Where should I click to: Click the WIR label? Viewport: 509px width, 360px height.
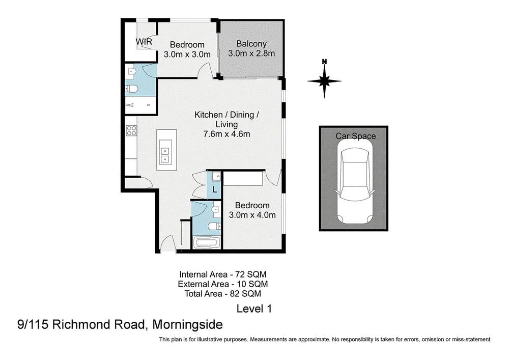[144, 41]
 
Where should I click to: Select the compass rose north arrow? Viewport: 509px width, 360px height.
[324, 80]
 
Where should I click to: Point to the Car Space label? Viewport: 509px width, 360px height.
[355, 136]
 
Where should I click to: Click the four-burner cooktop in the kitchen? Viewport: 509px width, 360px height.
[131, 130]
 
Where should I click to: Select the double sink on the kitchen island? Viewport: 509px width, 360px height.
[166, 154]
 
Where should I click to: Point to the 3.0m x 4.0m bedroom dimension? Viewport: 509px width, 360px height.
[252, 215]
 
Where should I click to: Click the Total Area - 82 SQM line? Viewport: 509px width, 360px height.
[223, 293]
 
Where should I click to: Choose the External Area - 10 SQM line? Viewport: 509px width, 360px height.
[223, 284]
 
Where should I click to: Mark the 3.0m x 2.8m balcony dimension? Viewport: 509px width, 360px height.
[251, 53]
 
